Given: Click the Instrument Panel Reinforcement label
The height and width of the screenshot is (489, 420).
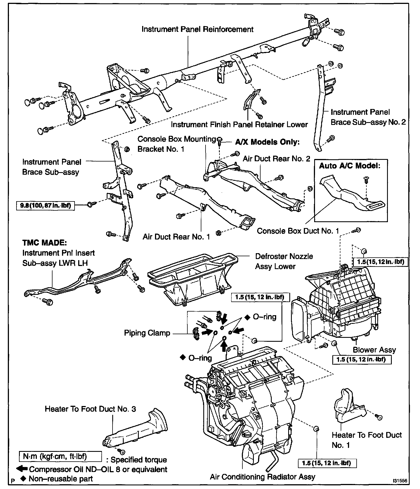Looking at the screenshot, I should (197, 29).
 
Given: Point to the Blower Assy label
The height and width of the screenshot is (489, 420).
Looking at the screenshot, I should (374, 350).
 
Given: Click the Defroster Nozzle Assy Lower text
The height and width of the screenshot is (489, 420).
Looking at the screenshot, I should (284, 261).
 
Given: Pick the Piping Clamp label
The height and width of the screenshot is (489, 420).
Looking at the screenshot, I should (147, 333).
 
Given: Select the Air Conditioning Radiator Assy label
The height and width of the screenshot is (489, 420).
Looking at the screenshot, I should (262, 476).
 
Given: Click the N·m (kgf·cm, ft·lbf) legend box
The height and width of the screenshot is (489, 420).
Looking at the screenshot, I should (60, 456).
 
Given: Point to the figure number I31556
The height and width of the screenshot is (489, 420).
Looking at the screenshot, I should (400, 481).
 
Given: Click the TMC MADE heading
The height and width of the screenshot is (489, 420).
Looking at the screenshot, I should (45, 242).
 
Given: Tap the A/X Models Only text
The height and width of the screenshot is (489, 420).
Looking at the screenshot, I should (267, 142).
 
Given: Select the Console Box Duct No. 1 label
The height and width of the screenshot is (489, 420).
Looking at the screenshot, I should (298, 231).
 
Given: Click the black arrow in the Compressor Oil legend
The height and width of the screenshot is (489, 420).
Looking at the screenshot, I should (22, 469).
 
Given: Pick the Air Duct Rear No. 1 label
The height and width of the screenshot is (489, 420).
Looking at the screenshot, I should (176, 237).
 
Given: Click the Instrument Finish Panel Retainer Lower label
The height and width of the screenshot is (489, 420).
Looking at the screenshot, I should (239, 125).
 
